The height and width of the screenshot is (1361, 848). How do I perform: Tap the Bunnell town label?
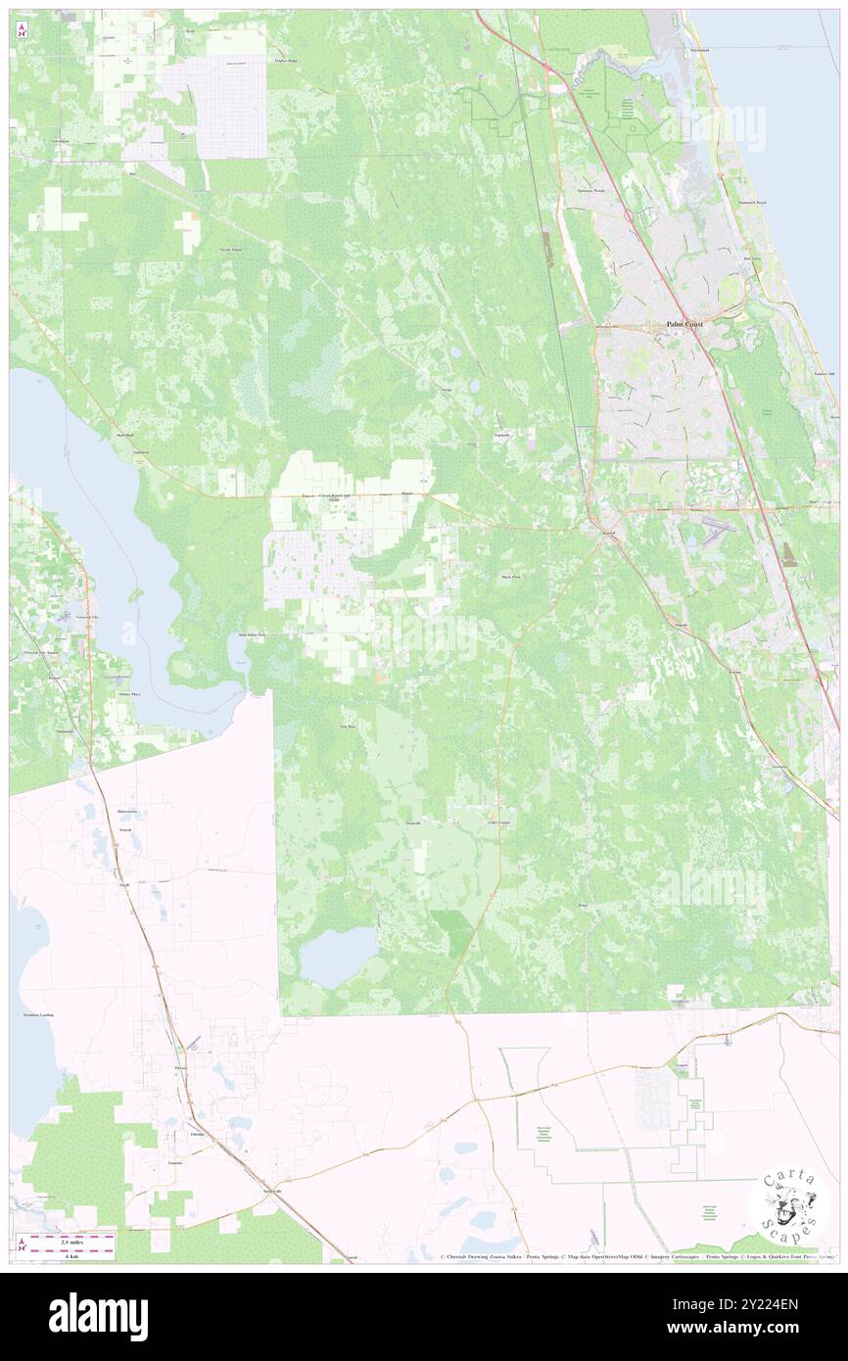pyautogui.click(x=608, y=535)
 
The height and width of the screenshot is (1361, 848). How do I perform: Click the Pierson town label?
pyautogui.click(x=179, y=1066)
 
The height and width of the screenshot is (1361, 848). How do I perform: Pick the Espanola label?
pyautogui.click(x=500, y=438)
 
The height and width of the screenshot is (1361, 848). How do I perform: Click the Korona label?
pyautogui.click(x=683, y=625)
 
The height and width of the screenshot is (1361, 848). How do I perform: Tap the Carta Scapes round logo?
pyautogui.click(x=788, y=1204)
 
